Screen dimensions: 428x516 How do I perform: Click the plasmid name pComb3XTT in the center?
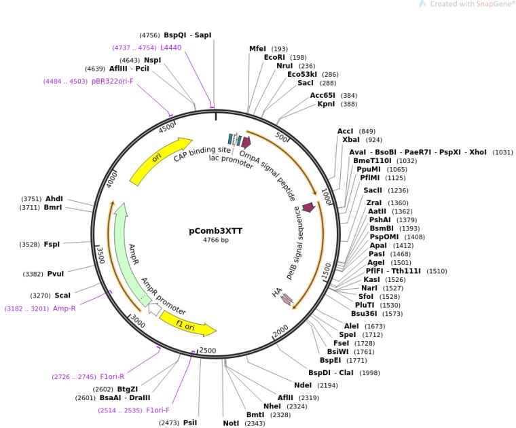[x=215, y=230]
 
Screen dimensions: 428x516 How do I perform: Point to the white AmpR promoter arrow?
[x=155, y=309]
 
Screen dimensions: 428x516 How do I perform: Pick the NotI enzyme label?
[x=231, y=423]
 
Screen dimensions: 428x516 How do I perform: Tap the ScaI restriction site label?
[x=62, y=296]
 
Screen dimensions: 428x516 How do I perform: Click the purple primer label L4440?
[x=171, y=48]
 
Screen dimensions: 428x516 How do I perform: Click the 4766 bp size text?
[x=216, y=240]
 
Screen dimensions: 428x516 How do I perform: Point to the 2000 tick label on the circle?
[x=280, y=332]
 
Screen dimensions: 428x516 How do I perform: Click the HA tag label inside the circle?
[x=277, y=293]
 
